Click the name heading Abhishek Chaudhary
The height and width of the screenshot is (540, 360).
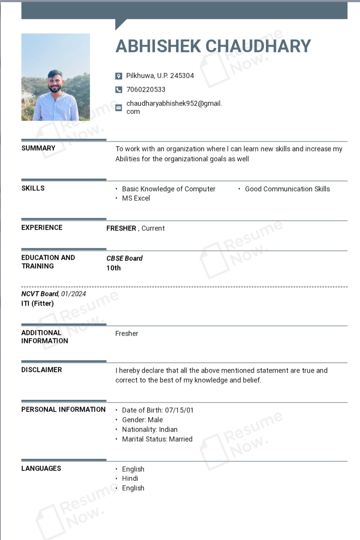[x=213, y=46]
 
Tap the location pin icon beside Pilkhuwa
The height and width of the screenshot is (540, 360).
[x=119, y=76]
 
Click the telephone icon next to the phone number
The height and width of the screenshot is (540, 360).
[x=119, y=90]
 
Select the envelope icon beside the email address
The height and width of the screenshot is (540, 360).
[x=119, y=108]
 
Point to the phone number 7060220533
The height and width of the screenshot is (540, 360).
[x=146, y=90]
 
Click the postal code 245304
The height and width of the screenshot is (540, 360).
[x=182, y=76]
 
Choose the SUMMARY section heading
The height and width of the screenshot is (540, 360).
[x=38, y=148]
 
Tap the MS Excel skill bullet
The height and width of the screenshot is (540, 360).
[x=136, y=199]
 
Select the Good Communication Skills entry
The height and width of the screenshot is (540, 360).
[x=287, y=189]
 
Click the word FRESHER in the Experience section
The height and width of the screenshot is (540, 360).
[x=121, y=229]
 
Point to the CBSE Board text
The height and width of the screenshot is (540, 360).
[x=124, y=259]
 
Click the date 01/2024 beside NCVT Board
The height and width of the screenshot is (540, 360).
[x=74, y=294]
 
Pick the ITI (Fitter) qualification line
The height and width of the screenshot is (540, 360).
[x=37, y=304]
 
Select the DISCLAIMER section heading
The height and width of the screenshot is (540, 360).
[x=42, y=370]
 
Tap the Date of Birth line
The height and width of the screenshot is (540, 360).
[x=157, y=410]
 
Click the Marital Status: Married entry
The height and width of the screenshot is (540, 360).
[x=157, y=439]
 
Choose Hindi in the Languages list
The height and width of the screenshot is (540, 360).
[x=130, y=479]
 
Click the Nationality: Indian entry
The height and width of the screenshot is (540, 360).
[x=150, y=430]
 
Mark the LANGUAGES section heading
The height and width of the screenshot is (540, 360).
[x=41, y=469]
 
